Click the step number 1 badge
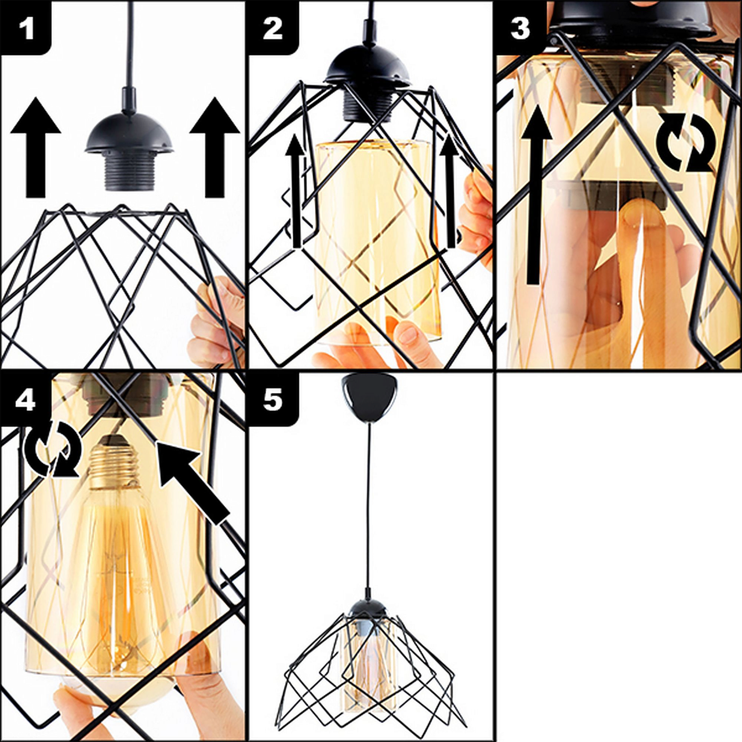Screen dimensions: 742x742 coord(26,28)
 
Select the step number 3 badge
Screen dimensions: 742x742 coord(520,28)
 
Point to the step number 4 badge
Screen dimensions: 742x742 coord(26,399)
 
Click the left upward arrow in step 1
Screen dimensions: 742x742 coord(35,147)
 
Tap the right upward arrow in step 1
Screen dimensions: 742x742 coord(214,147)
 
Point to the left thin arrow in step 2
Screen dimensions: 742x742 coord(296,191)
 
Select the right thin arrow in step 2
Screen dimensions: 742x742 coord(448,191)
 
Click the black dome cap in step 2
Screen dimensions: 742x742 coord(369,67)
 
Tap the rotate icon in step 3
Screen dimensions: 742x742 coord(686,142)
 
